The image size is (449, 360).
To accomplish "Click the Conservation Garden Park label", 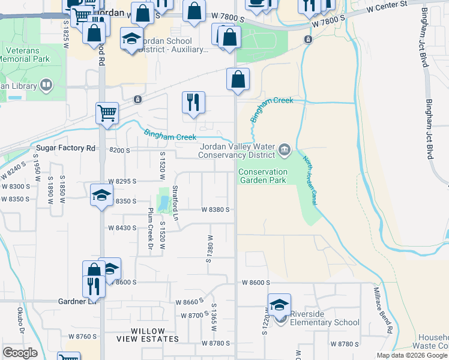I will [x=263, y=176].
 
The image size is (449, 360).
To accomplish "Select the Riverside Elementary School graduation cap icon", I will [x=279, y=304].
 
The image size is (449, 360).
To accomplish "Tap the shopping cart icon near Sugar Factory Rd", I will [x=106, y=112].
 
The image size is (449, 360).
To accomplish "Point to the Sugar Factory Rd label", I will [x=65, y=148].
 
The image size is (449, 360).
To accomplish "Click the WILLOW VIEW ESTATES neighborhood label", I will [x=148, y=335].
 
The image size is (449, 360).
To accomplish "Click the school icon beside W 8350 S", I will [x=101, y=195].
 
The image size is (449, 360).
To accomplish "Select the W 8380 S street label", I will [x=217, y=209].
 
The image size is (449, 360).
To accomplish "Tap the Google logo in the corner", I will [x=20, y=353].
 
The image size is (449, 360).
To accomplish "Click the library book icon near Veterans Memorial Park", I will [x=46, y=86].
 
